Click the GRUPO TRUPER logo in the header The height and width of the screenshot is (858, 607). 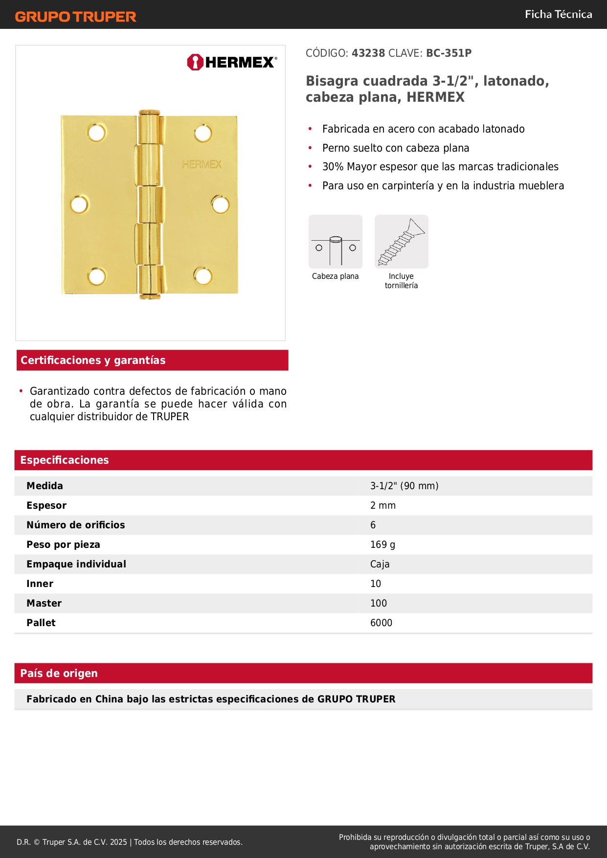click(x=75, y=17)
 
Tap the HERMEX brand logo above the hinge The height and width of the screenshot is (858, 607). click(x=232, y=62)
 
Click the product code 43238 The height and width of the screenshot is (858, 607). click(x=368, y=53)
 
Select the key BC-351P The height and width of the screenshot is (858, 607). click(x=449, y=53)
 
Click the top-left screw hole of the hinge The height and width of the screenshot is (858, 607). click(x=96, y=133)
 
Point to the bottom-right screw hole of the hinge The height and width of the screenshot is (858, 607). click(x=203, y=276)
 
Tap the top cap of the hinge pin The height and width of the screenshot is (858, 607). click(x=149, y=113)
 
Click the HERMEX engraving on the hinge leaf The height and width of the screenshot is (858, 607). click(x=202, y=164)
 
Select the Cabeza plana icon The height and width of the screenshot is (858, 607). click(x=336, y=242)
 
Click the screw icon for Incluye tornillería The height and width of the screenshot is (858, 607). click(x=401, y=242)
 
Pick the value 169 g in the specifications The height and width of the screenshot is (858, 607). click(x=382, y=544)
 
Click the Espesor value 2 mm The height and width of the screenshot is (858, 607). click(x=382, y=505)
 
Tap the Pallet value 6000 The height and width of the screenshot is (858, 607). click(x=381, y=623)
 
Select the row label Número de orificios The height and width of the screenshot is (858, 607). click(x=76, y=525)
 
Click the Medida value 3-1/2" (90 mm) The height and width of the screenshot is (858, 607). click(x=404, y=486)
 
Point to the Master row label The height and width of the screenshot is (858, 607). click(x=44, y=603)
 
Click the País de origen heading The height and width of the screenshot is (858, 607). click(x=59, y=673)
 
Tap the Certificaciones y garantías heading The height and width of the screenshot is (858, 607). click(x=93, y=360)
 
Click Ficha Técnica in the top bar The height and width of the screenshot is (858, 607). click(x=558, y=14)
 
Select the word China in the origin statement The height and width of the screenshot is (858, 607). click(x=109, y=699)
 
